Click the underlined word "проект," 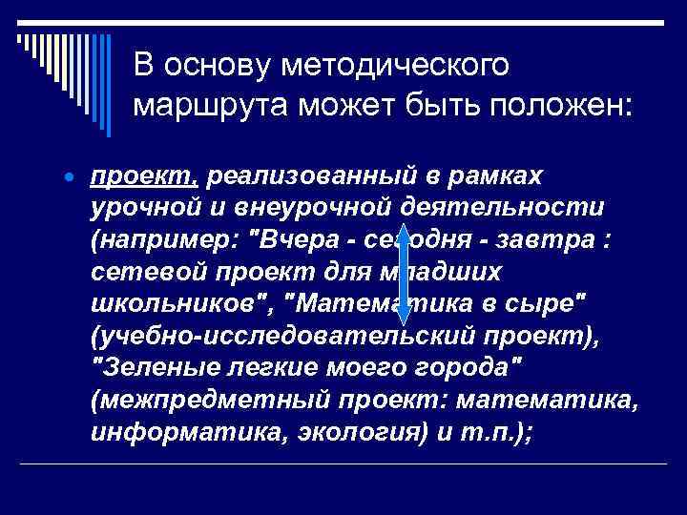pyautogui.click(x=144, y=176)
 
